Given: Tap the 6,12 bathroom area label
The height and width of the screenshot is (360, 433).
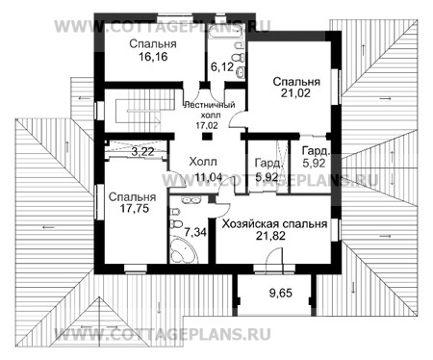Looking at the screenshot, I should [x=222, y=67].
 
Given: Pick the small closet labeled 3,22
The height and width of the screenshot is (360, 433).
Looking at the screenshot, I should [x=128, y=151].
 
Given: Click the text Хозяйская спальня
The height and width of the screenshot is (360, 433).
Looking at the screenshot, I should [x=274, y=222].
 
